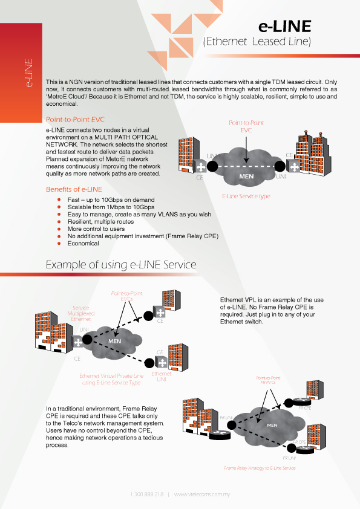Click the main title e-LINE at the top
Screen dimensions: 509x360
pos(284,26)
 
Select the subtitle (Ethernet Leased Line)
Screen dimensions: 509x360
pos(257,42)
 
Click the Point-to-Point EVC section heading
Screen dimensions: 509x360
pos(75,120)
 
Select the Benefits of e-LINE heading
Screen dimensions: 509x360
pos(74,189)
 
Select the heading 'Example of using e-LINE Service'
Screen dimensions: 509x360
pos(121,265)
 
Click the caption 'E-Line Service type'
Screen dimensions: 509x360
pos(246,196)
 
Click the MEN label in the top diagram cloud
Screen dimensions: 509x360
pos(247,177)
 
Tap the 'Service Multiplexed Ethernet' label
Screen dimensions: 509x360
pos(80,313)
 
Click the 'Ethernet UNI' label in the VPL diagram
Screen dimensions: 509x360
pos(162,377)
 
